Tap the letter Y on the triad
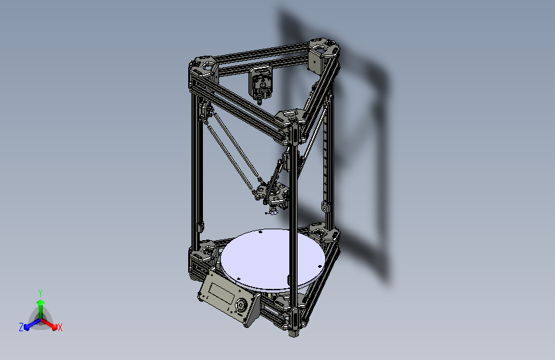[x=40, y=291]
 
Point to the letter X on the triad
[x=60, y=328]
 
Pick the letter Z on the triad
[x=21, y=327]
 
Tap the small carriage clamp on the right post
[x=325, y=208]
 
